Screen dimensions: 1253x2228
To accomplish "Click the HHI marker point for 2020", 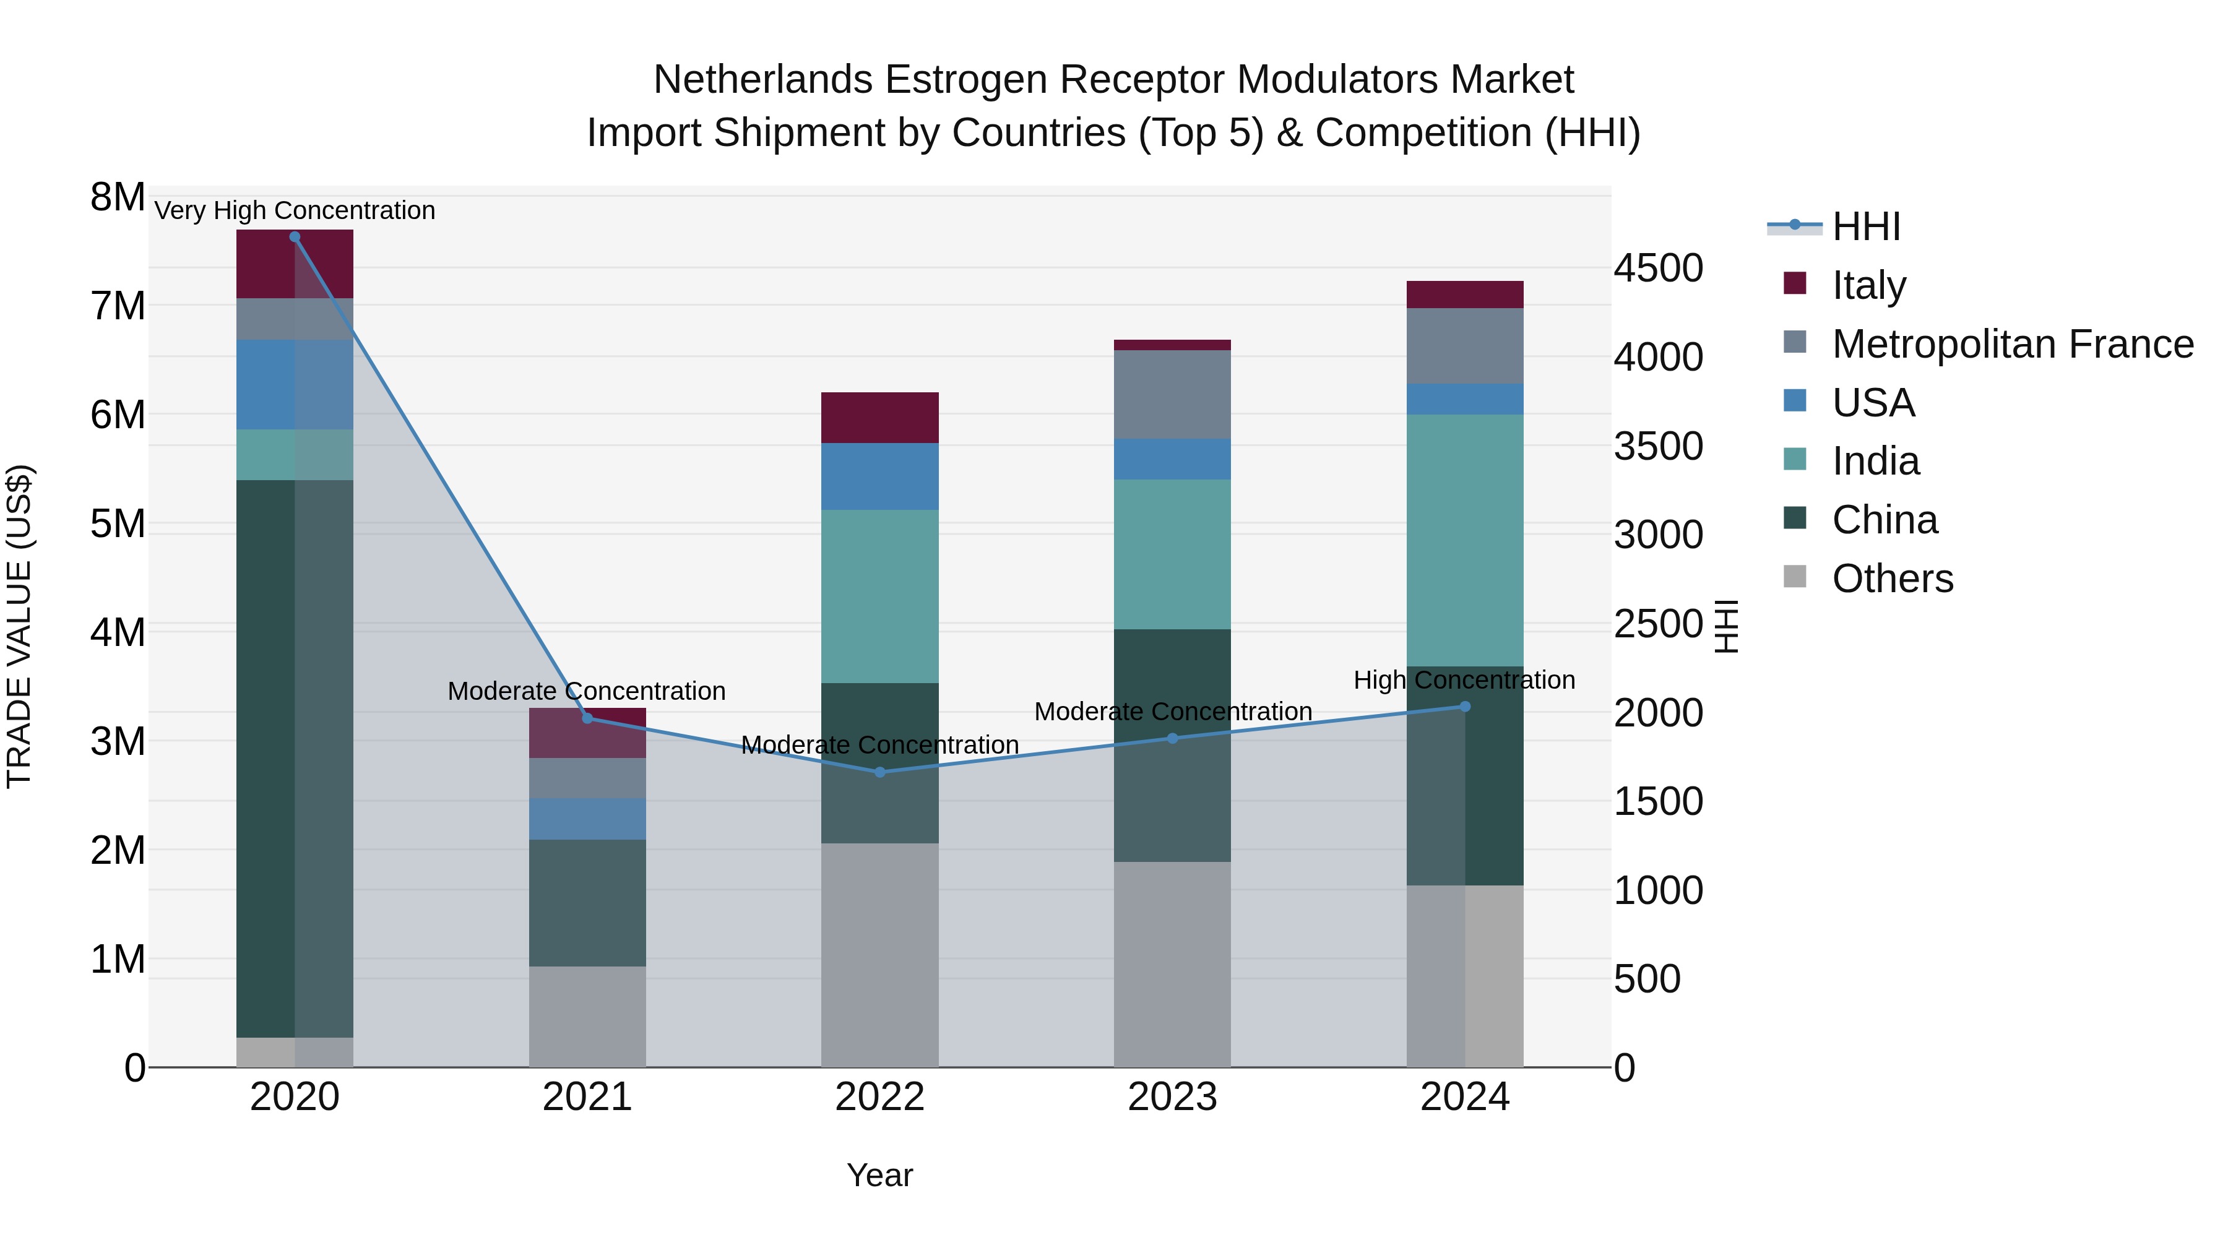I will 295,237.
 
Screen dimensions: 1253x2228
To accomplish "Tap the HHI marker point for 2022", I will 881,772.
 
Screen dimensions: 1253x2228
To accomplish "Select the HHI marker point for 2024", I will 1465,707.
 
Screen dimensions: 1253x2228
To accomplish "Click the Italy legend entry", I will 1868,285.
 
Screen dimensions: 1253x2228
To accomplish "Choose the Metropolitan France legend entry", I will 2012,343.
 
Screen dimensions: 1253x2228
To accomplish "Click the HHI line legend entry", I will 1865,226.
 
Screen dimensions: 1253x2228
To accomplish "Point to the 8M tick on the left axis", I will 118,197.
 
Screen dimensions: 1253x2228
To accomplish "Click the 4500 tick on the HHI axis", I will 1658,268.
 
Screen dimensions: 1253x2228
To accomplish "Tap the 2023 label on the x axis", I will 1172,1097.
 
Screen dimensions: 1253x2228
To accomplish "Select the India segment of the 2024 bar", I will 1465,540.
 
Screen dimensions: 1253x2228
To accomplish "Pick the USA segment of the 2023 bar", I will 1172,459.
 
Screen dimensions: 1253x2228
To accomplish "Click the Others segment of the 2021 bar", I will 587,1016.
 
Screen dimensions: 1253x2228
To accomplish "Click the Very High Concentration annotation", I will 295,210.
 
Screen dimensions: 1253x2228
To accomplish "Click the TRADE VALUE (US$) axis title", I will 19,626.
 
